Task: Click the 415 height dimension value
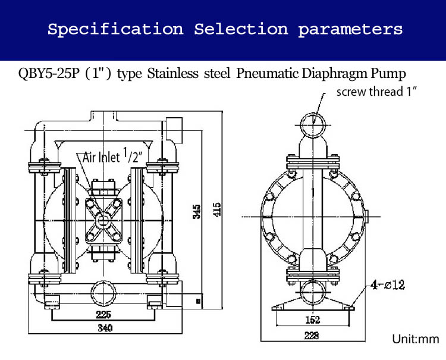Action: [x=218, y=209]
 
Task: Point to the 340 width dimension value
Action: [x=105, y=328]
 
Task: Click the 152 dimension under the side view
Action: [x=312, y=320]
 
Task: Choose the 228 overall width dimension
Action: [x=312, y=336]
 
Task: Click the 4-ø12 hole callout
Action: [x=387, y=285]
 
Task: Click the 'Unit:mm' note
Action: [x=414, y=339]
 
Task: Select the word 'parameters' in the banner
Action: [x=350, y=29]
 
